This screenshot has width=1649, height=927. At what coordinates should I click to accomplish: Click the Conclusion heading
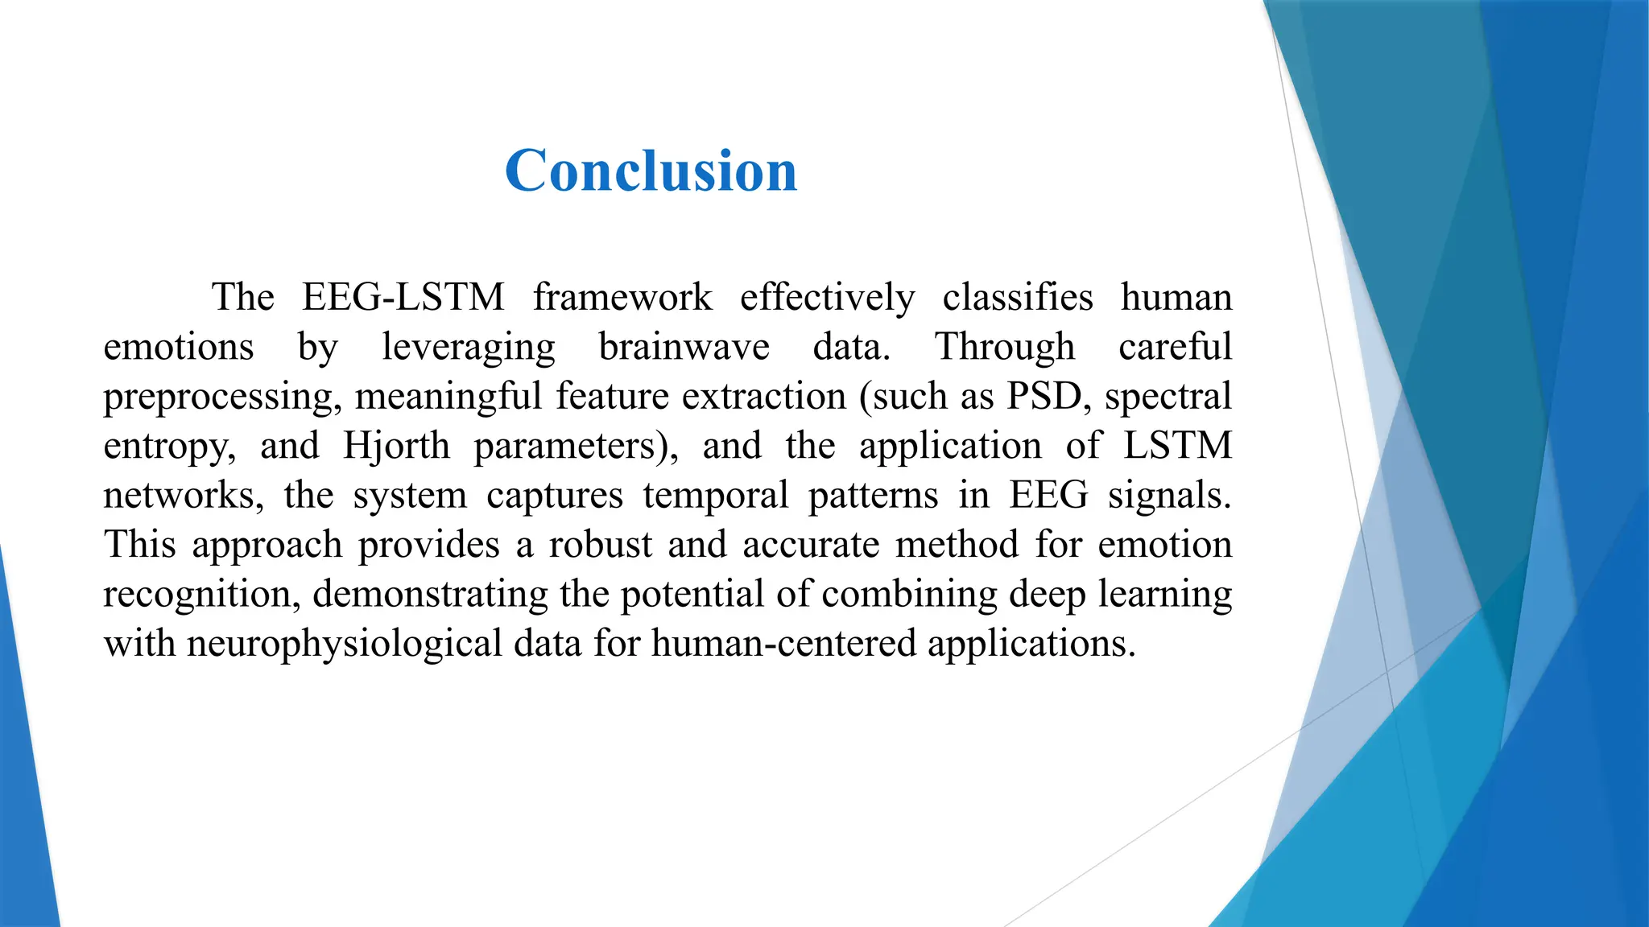(x=651, y=171)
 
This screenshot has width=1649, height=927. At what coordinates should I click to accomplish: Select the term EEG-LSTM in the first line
(x=403, y=297)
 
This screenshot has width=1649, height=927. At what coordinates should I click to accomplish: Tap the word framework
(x=622, y=297)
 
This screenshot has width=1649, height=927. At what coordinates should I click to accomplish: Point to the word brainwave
(x=684, y=347)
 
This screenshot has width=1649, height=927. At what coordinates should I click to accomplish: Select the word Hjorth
(x=396, y=446)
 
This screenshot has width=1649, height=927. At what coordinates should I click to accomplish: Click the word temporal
(x=716, y=496)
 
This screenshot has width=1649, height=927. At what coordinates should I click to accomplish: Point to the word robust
(x=601, y=545)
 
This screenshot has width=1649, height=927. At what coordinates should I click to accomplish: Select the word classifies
(x=1018, y=297)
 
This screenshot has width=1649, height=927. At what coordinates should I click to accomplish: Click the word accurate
(x=811, y=545)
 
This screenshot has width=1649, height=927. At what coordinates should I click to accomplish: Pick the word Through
(x=1004, y=347)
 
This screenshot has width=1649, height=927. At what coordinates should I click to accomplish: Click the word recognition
(x=201, y=595)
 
